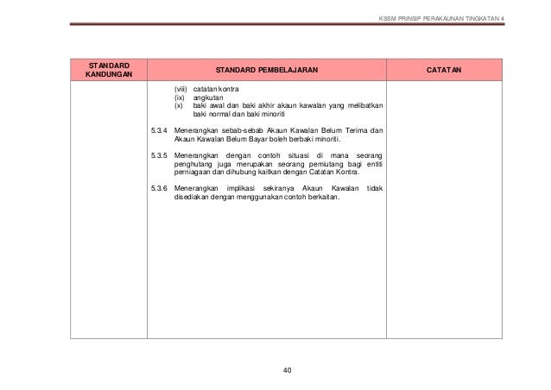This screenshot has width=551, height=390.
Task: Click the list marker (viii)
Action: point(180,90)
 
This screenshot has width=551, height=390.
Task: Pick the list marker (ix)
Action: point(180,97)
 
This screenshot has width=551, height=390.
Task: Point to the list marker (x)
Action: point(179,106)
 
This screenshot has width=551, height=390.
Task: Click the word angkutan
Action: point(207,97)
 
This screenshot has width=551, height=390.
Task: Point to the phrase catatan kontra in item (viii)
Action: point(217,90)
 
